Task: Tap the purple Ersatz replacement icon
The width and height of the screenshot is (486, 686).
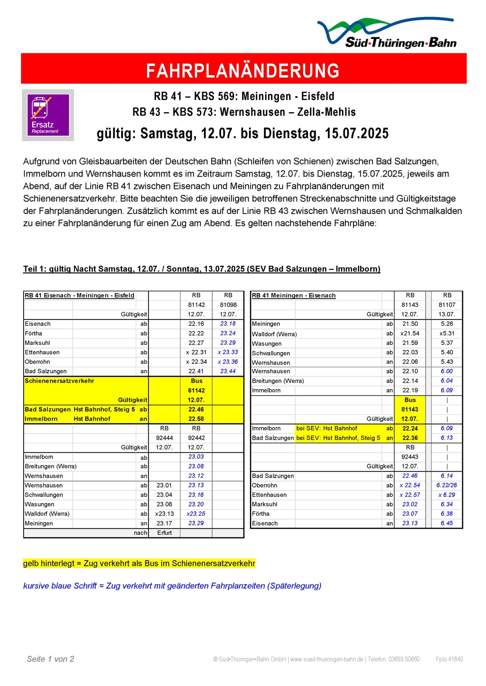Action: [48, 115]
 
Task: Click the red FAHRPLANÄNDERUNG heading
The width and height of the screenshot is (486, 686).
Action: [243, 70]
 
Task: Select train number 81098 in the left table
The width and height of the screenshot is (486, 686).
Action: [228, 305]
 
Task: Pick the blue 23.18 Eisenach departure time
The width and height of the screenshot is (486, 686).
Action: [228, 324]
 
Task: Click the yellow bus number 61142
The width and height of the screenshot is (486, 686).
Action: [196, 391]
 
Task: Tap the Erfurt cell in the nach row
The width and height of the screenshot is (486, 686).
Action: [164, 533]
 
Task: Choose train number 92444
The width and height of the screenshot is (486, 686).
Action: [164, 438]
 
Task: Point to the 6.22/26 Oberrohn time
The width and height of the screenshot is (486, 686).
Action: [446, 485]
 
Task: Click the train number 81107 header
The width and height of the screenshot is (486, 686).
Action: [447, 305]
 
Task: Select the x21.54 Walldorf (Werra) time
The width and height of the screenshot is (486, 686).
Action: [410, 333]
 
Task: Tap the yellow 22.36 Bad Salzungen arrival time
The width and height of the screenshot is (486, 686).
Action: [410, 438]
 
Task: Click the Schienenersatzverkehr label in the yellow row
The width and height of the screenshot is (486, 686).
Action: [59, 381]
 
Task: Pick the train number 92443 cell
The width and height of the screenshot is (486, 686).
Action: [410, 457]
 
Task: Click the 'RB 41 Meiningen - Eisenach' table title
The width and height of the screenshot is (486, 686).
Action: [294, 295]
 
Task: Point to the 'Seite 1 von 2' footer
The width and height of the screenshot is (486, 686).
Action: [50, 659]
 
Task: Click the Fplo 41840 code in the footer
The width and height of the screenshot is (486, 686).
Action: [449, 659]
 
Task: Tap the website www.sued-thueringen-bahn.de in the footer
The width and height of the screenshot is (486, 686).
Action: [327, 659]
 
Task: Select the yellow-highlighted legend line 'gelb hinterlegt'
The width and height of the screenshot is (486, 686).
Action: [139, 563]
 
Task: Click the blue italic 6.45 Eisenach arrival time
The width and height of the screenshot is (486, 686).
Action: [446, 523]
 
